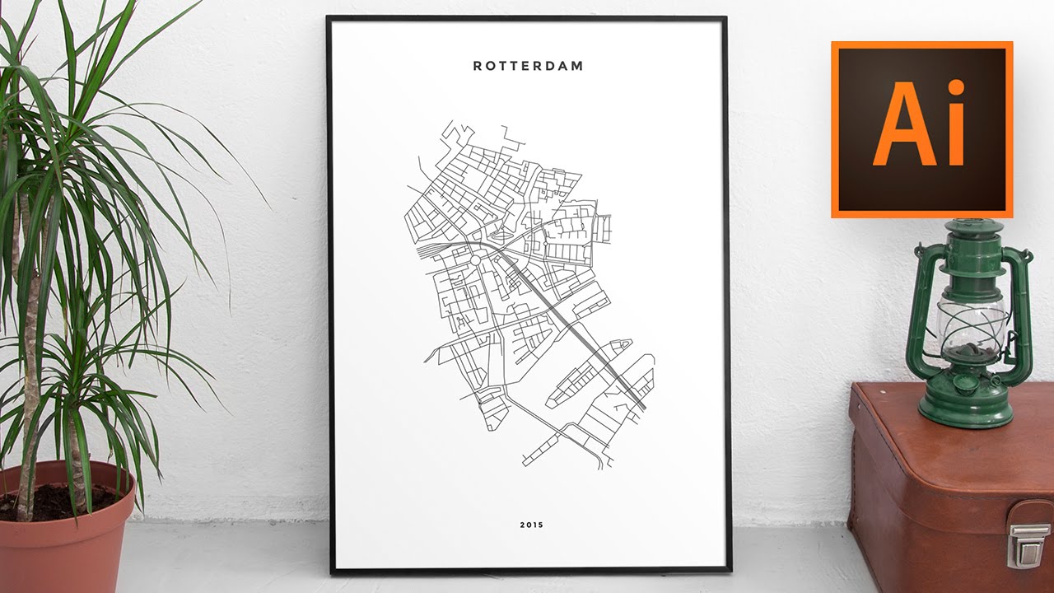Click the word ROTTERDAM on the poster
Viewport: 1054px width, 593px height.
(x=528, y=66)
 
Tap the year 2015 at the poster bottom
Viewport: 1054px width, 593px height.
(x=531, y=525)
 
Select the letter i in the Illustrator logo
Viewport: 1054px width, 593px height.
(x=955, y=125)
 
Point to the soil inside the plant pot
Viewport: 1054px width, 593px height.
(x=58, y=501)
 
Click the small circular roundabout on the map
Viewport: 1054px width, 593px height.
(x=474, y=260)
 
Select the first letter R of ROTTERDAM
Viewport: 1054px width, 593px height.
(x=478, y=66)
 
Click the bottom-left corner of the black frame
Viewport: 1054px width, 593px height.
(x=332, y=569)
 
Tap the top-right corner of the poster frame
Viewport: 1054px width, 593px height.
(x=726, y=18)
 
